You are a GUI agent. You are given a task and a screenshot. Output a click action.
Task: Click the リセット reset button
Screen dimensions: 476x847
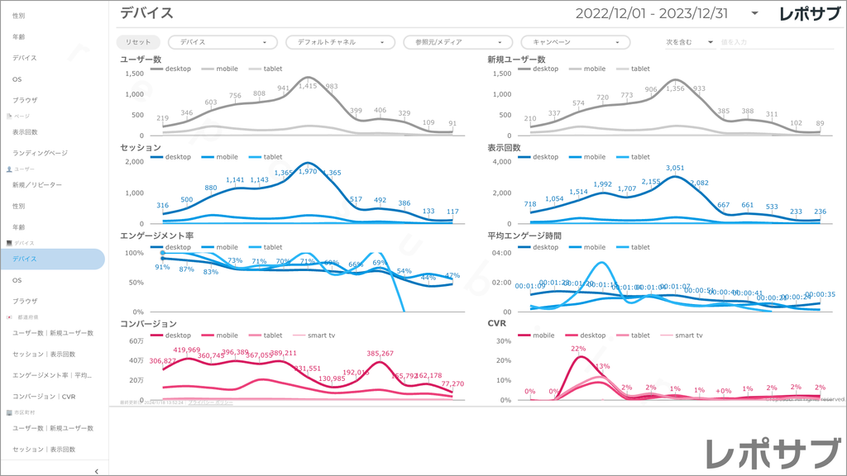point(138,42)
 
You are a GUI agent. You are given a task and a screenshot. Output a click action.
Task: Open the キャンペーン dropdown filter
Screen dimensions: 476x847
point(575,42)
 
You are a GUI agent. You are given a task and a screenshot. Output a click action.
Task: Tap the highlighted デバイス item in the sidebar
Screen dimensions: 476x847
point(52,259)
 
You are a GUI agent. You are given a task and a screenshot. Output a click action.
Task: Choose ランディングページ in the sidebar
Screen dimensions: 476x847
point(40,153)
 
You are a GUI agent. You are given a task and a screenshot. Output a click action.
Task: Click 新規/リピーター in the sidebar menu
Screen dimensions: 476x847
point(37,185)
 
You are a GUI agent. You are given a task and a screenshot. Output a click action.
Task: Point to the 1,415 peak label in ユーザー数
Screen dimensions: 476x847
point(308,86)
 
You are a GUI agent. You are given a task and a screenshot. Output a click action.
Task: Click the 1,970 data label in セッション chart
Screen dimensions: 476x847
point(308,171)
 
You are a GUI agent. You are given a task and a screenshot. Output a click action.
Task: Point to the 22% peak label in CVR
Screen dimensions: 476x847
point(578,349)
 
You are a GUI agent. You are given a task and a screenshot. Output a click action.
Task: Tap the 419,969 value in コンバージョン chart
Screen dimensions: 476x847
point(187,350)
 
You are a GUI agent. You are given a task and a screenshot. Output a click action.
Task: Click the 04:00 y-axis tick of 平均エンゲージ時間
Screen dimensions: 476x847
point(504,253)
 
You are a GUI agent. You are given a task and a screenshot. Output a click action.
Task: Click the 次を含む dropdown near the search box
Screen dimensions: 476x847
point(689,42)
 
